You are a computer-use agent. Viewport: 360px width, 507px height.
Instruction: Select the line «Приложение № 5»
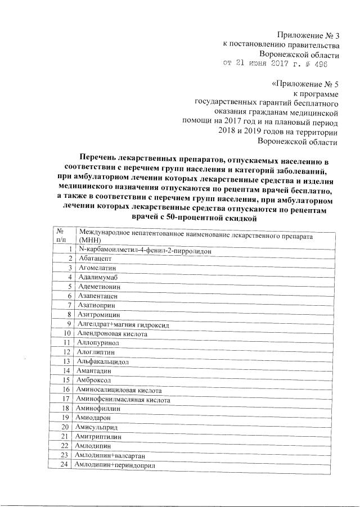pos(305,84)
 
